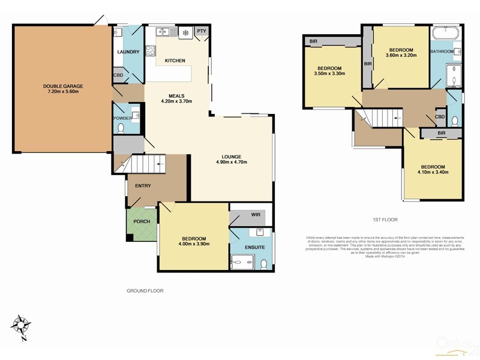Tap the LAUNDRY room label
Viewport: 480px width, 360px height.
pyautogui.click(x=128, y=52)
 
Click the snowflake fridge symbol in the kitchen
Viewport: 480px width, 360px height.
pyautogui.click(x=185, y=32)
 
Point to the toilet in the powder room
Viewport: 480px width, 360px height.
pyautogui.click(x=121, y=128)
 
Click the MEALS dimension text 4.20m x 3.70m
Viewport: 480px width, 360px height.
pyautogui.click(x=176, y=102)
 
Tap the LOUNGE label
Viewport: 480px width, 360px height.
pyautogui.click(x=230, y=156)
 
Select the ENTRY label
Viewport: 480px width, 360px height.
pyautogui.click(x=143, y=185)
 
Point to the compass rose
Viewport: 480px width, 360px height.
pyautogui.click(x=23, y=326)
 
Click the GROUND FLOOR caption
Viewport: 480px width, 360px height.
pyautogui.click(x=145, y=290)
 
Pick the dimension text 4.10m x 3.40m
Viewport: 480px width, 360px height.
pyautogui.click(x=432, y=172)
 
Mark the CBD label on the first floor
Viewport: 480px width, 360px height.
pyautogui.click(x=440, y=116)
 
